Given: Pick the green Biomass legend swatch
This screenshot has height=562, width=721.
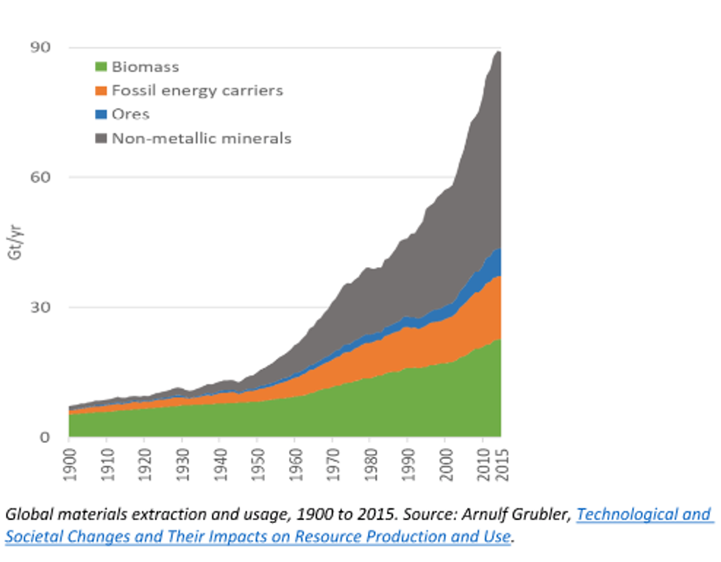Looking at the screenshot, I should [102, 67].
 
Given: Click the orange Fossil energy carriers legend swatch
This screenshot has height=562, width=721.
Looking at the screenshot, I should [102, 91].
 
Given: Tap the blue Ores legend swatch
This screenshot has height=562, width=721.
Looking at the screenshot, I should [102, 115].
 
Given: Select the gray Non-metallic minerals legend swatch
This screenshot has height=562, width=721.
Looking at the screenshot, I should [102, 138].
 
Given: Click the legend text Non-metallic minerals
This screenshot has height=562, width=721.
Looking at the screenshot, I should [202, 138].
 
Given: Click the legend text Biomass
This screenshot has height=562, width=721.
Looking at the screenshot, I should [146, 67].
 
